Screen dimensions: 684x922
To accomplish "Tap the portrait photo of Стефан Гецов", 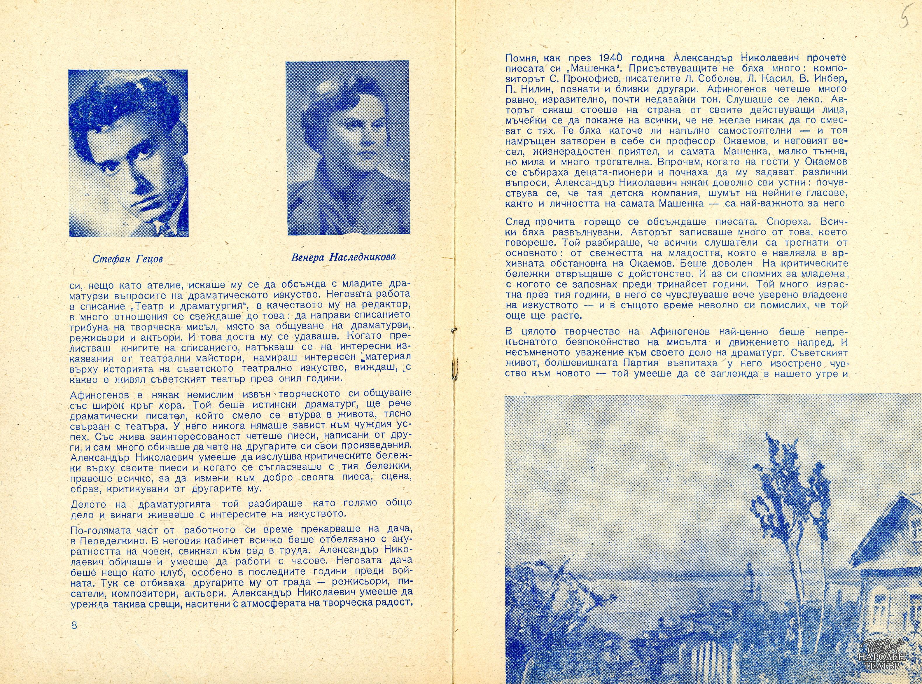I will click(x=128, y=153).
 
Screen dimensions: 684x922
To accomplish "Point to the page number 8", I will click(x=74, y=636).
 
